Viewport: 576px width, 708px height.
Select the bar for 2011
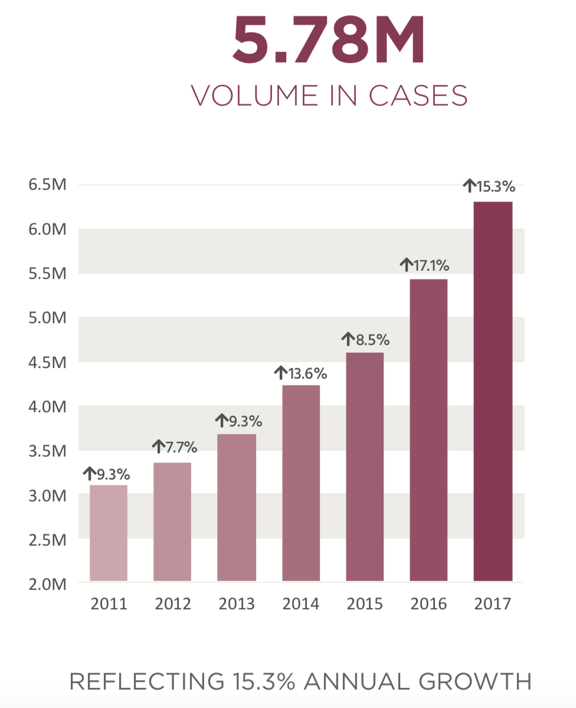[109, 533]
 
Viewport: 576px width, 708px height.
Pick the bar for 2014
[301, 483]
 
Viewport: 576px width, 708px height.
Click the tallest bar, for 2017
[493, 391]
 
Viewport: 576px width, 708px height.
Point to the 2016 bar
[428, 430]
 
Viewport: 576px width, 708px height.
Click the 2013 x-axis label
[237, 605]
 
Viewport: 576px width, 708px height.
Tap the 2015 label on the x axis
[364, 605]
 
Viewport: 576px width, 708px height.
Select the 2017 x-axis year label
[492, 605]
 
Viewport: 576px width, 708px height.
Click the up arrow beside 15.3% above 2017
[469, 187]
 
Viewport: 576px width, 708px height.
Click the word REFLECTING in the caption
[143, 681]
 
